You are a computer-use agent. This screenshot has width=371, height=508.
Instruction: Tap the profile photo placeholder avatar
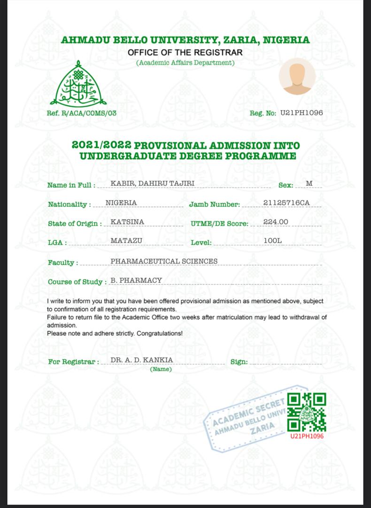point(297,76)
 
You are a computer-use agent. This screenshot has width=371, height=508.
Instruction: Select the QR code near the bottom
point(307,412)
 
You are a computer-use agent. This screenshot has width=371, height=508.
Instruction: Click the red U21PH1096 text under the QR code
point(307,436)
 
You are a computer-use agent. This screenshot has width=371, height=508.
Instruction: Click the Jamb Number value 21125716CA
point(286,203)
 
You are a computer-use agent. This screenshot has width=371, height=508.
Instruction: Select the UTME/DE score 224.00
point(276,222)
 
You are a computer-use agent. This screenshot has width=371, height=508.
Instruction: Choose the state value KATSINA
point(127,222)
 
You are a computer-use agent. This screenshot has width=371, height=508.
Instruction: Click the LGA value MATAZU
point(126,241)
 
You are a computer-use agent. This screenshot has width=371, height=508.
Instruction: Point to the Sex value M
point(309,183)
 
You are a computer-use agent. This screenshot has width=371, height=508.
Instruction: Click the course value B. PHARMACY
point(136,280)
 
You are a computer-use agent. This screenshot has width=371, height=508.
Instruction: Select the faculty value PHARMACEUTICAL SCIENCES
point(164,261)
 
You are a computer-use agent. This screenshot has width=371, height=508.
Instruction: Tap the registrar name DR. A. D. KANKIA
point(142,360)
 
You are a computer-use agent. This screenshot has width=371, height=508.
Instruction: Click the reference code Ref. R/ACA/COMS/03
point(82,113)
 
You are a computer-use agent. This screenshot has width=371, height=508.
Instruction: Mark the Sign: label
point(239,362)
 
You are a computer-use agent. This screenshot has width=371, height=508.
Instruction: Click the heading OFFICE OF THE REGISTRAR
point(185,52)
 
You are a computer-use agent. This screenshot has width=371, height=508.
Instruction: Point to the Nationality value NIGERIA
point(121,202)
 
